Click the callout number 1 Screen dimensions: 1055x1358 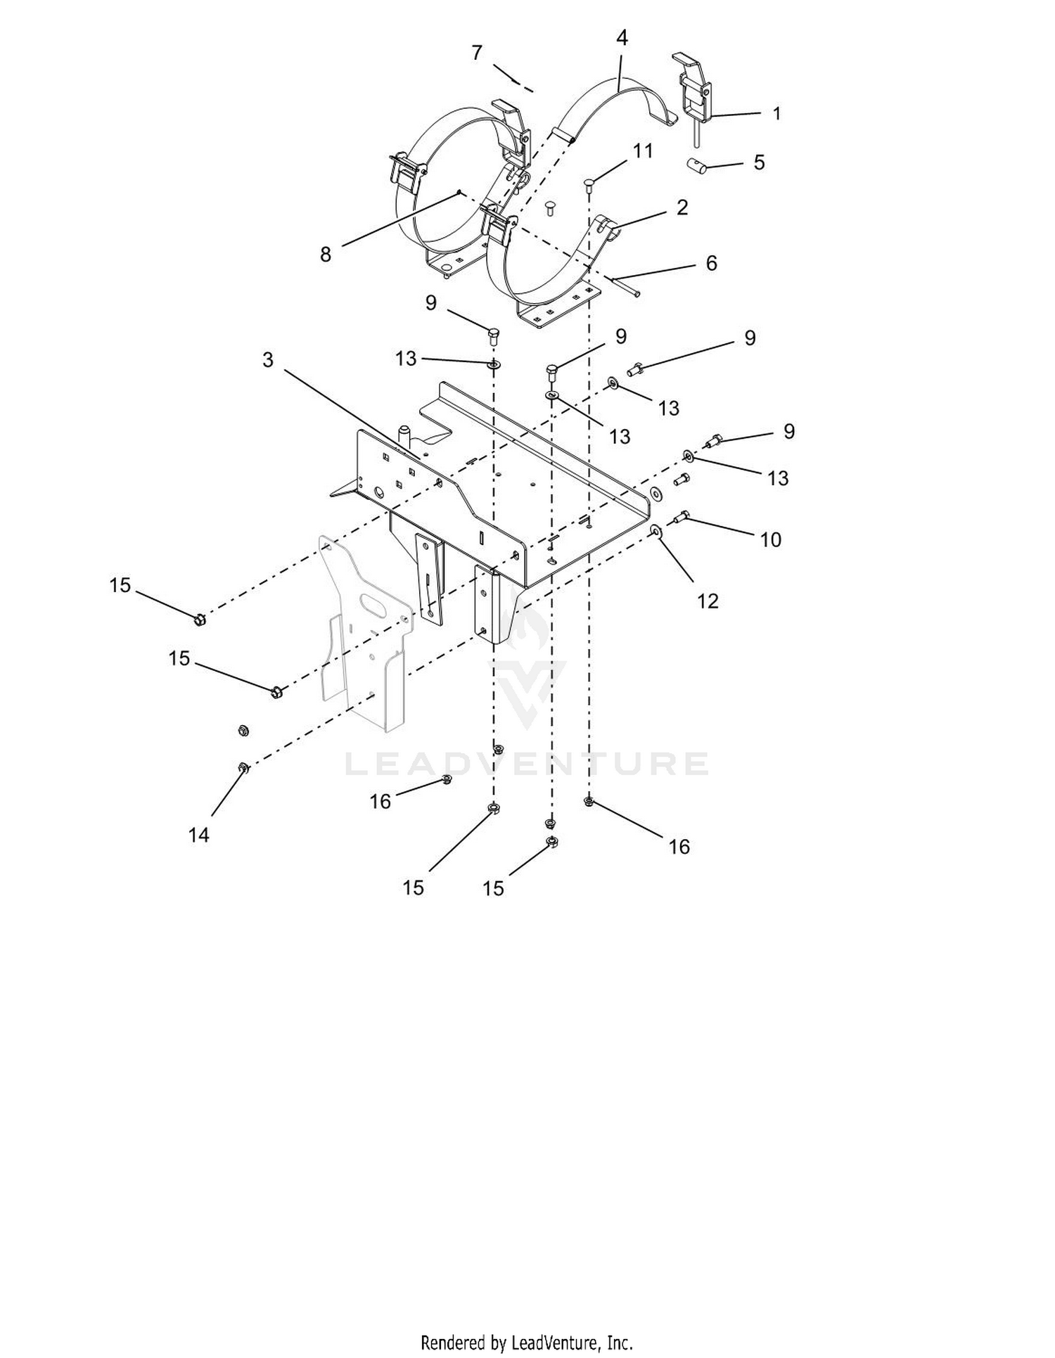pyautogui.click(x=776, y=113)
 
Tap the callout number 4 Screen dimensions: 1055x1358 pyautogui.click(x=622, y=38)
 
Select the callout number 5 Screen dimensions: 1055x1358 pyautogui.click(x=759, y=162)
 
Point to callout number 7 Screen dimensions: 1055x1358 pyautogui.click(x=478, y=53)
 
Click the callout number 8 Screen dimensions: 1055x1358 pyautogui.click(x=325, y=255)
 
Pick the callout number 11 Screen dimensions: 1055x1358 pyautogui.click(x=642, y=151)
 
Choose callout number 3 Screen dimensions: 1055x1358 pyautogui.click(x=268, y=360)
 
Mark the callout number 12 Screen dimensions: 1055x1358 pyautogui.click(x=708, y=601)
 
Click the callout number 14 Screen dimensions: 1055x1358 pyautogui.click(x=199, y=835)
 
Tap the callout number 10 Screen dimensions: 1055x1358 pyautogui.click(x=771, y=539)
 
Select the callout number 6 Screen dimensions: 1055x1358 pyautogui.click(x=711, y=263)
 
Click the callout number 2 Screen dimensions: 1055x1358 pyautogui.click(x=682, y=207)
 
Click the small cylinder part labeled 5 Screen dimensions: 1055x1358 pyautogui.click(x=696, y=167)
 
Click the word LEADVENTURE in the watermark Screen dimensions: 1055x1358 pyautogui.click(x=527, y=764)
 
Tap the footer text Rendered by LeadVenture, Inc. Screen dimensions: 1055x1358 pyautogui.click(x=527, y=1342)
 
